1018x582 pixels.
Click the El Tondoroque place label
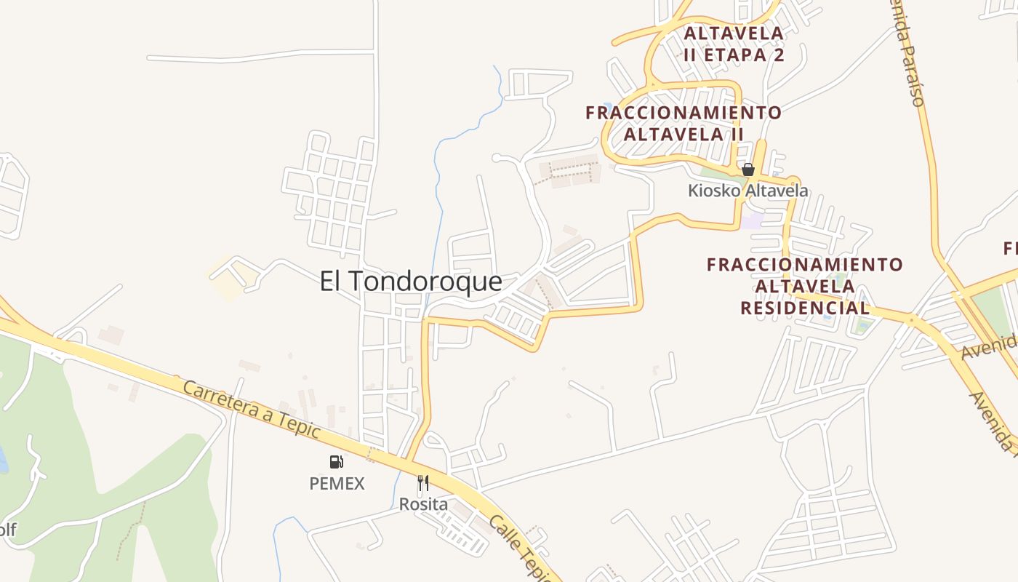point(411,282)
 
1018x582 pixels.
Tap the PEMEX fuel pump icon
point(336,461)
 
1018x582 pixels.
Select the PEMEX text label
point(337,484)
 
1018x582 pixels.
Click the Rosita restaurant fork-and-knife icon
point(423,482)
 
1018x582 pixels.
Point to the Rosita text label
point(423,504)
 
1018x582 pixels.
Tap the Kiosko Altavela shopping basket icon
point(748,170)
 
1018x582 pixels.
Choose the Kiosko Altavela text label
point(748,191)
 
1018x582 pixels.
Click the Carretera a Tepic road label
point(251,410)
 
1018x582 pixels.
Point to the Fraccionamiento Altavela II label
point(684,124)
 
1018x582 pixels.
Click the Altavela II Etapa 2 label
point(734,44)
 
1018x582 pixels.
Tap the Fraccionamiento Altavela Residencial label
point(805,286)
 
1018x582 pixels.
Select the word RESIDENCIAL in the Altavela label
point(805,308)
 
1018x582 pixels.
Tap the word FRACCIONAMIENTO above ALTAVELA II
point(684,113)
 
